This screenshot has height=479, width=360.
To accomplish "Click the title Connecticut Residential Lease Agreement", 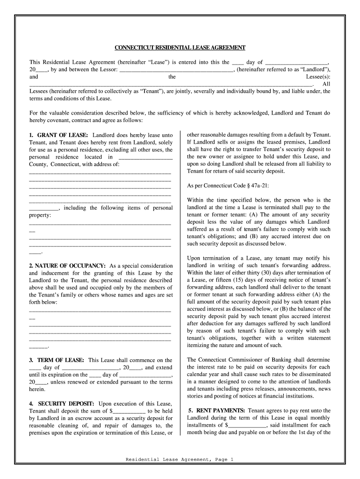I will point(180,48).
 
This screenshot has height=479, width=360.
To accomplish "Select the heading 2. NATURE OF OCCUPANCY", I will point(67,266).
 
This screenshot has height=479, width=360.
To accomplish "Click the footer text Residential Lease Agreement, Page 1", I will point(180,460).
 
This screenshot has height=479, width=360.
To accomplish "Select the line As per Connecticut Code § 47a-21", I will point(222,186).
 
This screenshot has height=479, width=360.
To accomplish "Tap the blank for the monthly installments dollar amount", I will point(247,425).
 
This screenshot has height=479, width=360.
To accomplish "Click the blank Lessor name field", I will point(176,69).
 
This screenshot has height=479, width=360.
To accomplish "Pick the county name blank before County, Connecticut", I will point(146,157).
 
